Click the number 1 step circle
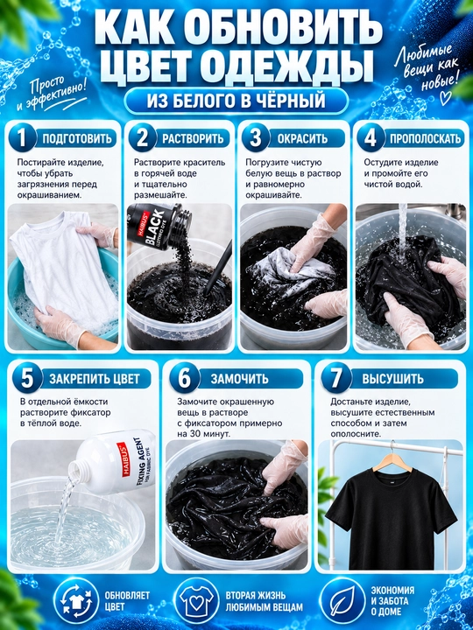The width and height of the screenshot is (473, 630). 22,138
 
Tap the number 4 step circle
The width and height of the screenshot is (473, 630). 370,138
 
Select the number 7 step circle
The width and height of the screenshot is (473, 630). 335,378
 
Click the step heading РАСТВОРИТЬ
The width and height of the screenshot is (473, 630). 193,138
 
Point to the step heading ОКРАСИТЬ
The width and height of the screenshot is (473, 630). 302,138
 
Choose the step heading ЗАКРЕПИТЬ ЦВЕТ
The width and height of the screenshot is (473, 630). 94,379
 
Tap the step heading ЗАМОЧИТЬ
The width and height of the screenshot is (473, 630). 239,379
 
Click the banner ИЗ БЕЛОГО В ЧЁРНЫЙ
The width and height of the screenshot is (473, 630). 236,101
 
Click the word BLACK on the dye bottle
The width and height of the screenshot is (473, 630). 154,227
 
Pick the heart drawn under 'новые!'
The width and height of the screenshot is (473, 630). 446,98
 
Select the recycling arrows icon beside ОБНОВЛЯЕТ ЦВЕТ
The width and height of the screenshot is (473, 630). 76,601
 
